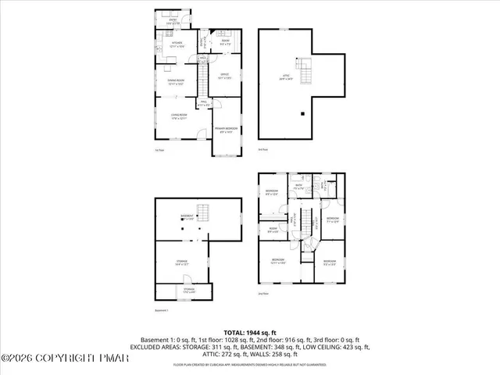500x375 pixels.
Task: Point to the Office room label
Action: pyautogui.click(x=225, y=77)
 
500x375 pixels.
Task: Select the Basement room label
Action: pyautogui.click(x=187, y=216)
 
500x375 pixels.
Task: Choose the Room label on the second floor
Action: pyautogui.click(x=273, y=230)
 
